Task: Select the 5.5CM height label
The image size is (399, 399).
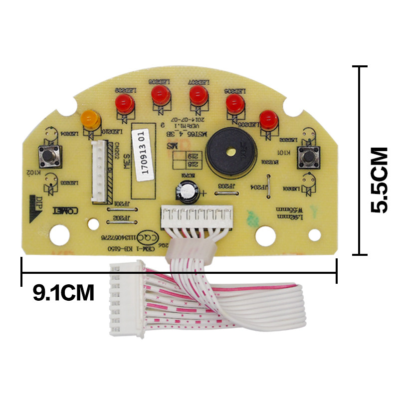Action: pyautogui.click(x=380, y=180)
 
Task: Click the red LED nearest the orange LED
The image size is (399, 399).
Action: pyautogui.click(x=123, y=103)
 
